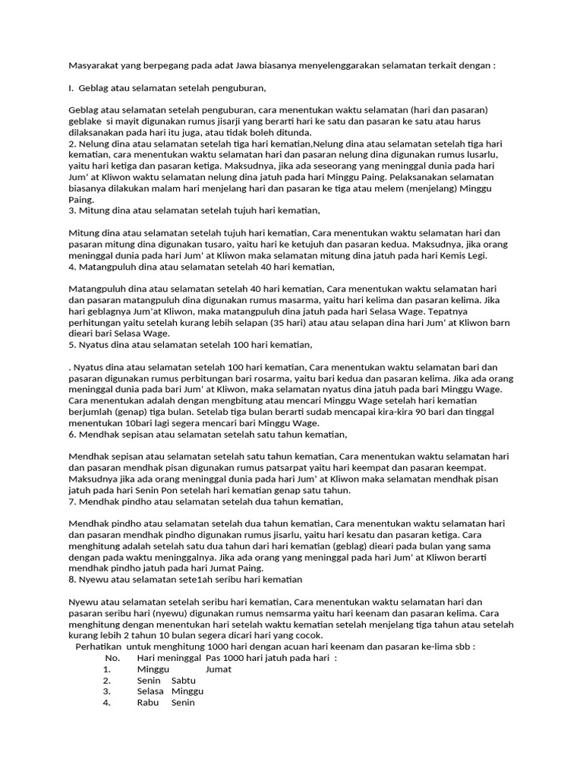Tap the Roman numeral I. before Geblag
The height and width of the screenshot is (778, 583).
point(71,88)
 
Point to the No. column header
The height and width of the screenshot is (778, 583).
point(113,658)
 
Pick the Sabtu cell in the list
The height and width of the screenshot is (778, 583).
point(184,680)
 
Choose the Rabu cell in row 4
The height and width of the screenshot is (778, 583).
point(148,703)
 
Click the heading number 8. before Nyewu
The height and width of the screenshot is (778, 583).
point(72,580)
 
